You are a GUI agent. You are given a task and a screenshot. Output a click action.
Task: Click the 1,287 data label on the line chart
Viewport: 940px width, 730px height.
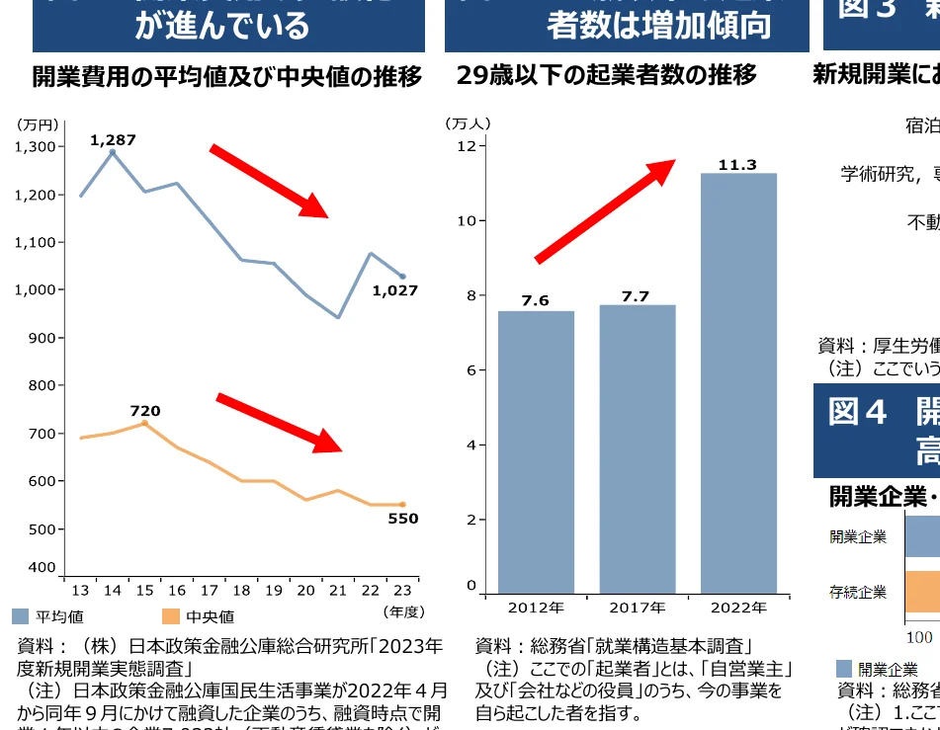(113, 140)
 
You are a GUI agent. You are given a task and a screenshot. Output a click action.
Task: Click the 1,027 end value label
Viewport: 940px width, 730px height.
(395, 290)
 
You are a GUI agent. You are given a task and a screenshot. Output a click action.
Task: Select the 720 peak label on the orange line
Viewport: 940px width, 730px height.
(144, 411)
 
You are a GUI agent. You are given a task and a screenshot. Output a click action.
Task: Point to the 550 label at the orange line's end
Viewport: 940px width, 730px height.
(402, 519)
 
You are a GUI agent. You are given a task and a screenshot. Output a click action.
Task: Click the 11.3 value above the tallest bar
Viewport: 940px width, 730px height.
(737, 165)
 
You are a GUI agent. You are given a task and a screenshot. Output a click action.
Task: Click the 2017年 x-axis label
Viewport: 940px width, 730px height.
(637, 608)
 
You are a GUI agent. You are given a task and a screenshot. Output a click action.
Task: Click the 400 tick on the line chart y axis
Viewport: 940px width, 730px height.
(43, 567)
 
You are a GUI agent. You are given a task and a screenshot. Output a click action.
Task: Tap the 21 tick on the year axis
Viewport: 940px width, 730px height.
(338, 591)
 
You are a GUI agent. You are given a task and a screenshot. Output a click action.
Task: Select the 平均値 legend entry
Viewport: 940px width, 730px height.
(48, 617)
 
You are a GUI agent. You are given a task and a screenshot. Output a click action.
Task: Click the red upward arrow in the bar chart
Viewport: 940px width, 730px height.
(605, 211)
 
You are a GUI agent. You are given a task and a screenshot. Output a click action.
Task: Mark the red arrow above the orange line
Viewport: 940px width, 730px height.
(280, 423)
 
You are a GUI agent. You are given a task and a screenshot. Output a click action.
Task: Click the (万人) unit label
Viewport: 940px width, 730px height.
(468, 123)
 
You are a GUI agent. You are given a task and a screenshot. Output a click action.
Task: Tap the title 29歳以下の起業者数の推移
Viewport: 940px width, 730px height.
(607, 75)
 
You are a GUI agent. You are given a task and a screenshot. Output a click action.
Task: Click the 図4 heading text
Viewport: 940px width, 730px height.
(857, 412)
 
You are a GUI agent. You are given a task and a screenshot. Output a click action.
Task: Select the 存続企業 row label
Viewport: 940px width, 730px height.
(857, 593)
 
